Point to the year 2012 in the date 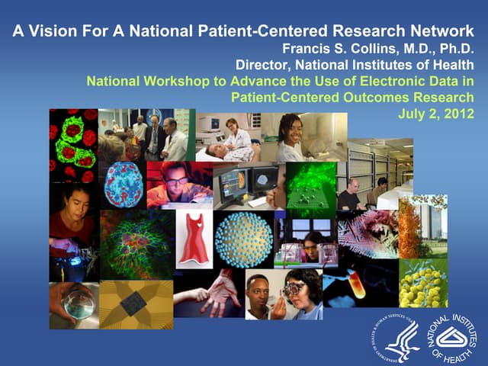pyautogui.click(x=458, y=114)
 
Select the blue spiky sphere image pyautogui.click(x=243, y=239)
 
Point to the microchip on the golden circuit pyautogui.click(x=133, y=303)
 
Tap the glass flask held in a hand pyautogui.click(x=77, y=303)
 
